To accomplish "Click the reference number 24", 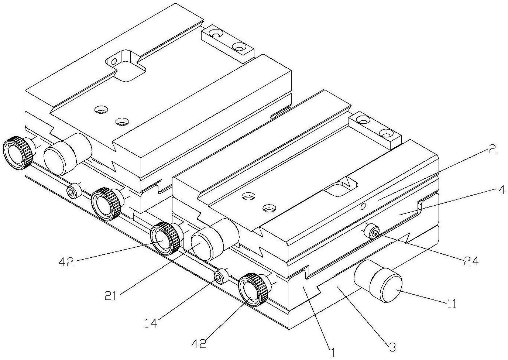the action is coord(470,261).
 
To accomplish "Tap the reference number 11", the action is coord(451,304).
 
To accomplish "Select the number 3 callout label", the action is coord(392,347).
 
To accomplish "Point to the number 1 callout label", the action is coord(333,353).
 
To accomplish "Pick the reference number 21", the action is coord(111,296).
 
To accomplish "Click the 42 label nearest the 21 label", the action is coord(66,262).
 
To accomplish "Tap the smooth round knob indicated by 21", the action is coord(215,240).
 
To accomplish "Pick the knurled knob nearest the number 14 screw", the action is coord(254,289).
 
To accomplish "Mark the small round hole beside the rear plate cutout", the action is coord(114,61).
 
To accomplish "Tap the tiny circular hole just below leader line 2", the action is coord(363,206).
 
